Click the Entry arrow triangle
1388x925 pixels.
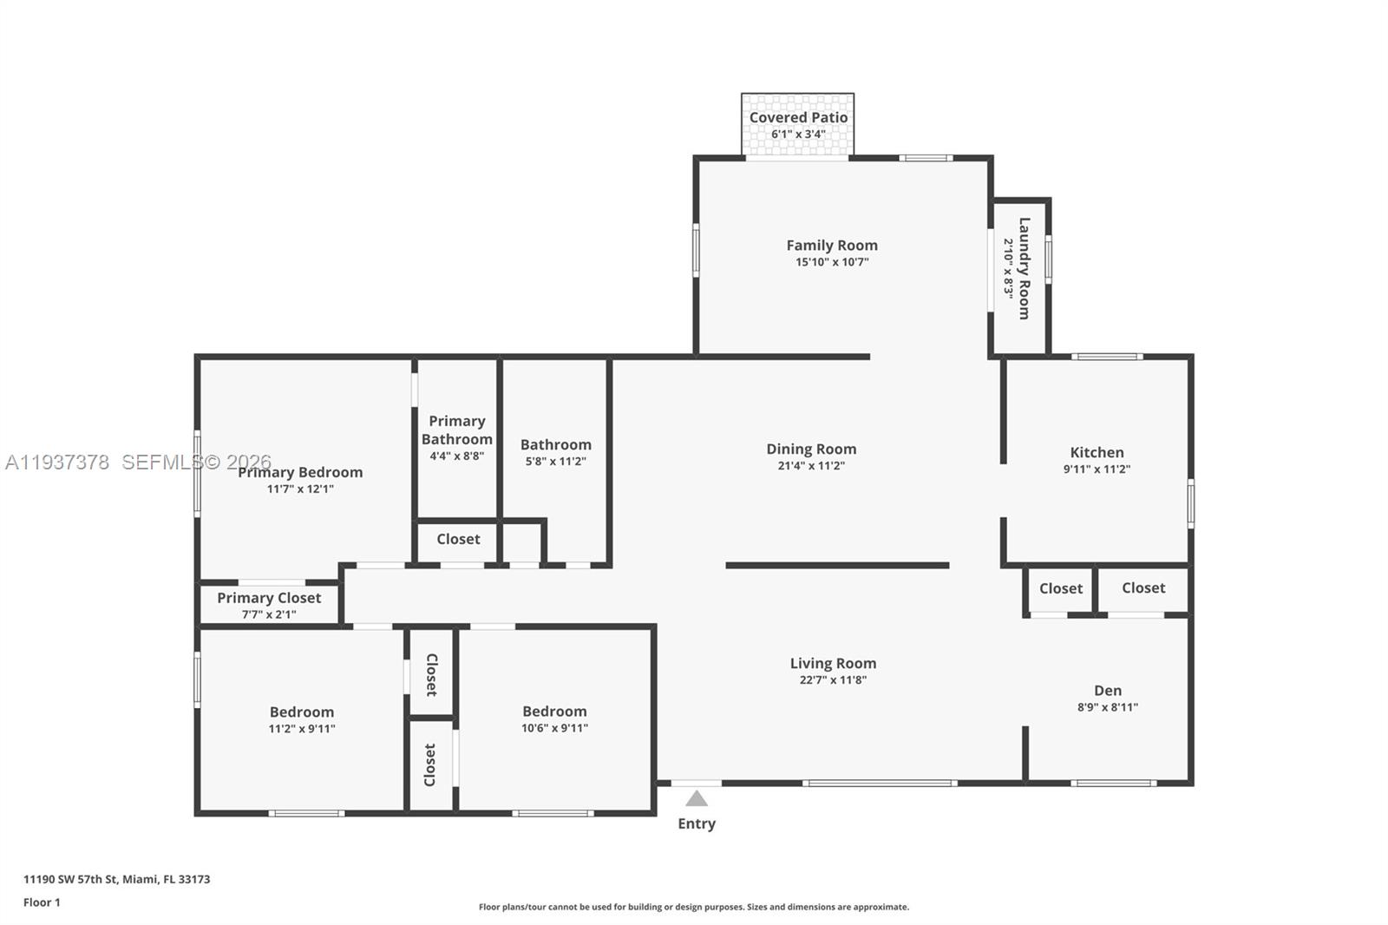click(x=697, y=798)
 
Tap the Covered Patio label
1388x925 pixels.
click(x=798, y=117)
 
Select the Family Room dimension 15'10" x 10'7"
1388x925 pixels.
click(x=832, y=262)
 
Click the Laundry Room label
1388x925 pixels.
click(x=1024, y=268)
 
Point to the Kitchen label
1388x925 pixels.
click(x=1097, y=452)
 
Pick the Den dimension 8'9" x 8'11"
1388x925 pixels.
click(x=1108, y=707)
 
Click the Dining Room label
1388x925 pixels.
click(x=811, y=449)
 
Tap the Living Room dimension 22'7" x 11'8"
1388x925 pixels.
click(x=833, y=680)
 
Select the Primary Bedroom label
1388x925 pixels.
click(x=300, y=472)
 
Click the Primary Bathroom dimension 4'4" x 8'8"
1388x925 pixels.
click(x=456, y=456)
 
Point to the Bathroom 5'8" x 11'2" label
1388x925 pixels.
click(x=555, y=444)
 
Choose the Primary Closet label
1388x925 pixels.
click(x=269, y=598)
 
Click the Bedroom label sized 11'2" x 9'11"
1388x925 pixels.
click(x=301, y=712)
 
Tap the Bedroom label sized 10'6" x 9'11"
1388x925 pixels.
click(x=554, y=711)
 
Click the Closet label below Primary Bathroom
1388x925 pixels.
click(x=458, y=539)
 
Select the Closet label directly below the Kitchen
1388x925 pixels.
click(x=1060, y=588)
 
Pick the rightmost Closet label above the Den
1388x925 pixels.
click(x=1143, y=587)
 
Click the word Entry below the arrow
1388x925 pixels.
click(x=697, y=823)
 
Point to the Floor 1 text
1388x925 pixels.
click(x=42, y=902)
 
